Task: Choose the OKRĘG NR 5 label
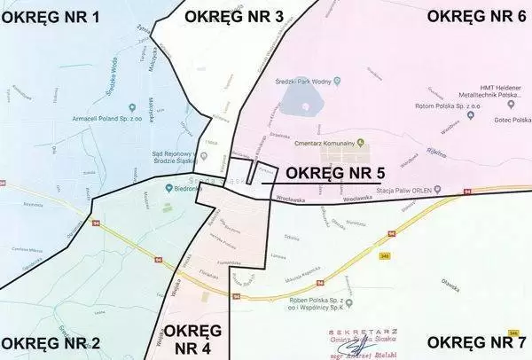click(x=336, y=172)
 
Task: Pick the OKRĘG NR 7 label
click(x=477, y=342)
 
